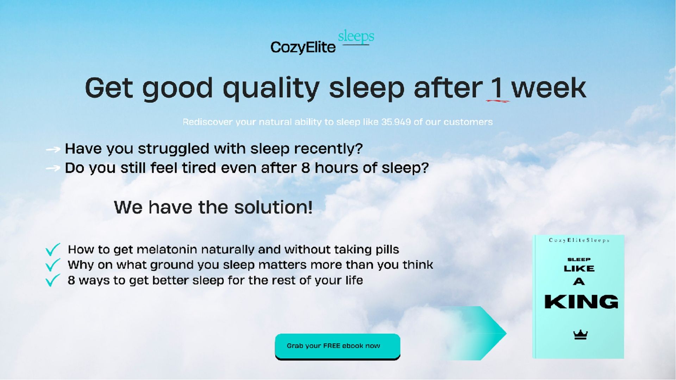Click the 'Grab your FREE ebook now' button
pyautogui.click(x=337, y=346)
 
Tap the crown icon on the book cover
pyautogui.click(x=580, y=335)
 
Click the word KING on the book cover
pyautogui.click(x=581, y=302)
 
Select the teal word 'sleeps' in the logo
pyautogui.click(x=356, y=37)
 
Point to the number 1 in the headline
pyautogui.click(x=496, y=88)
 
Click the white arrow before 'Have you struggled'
pyautogui.click(x=53, y=150)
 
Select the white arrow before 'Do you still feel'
pyautogui.click(x=53, y=169)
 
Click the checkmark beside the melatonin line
pyautogui.click(x=53, y=249)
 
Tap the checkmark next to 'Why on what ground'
pyautogui.click(x=53, y=265)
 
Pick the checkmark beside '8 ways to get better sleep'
pyautogui.click(x=53, y=280)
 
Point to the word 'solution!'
pyautogui.click(x=273, y=207)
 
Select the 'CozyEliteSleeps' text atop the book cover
pyautogui.click(x=579, y=240)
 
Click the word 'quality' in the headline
pyautogui.click(x=271, y=89)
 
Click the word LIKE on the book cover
pyautogui.click(x=579, y=269)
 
